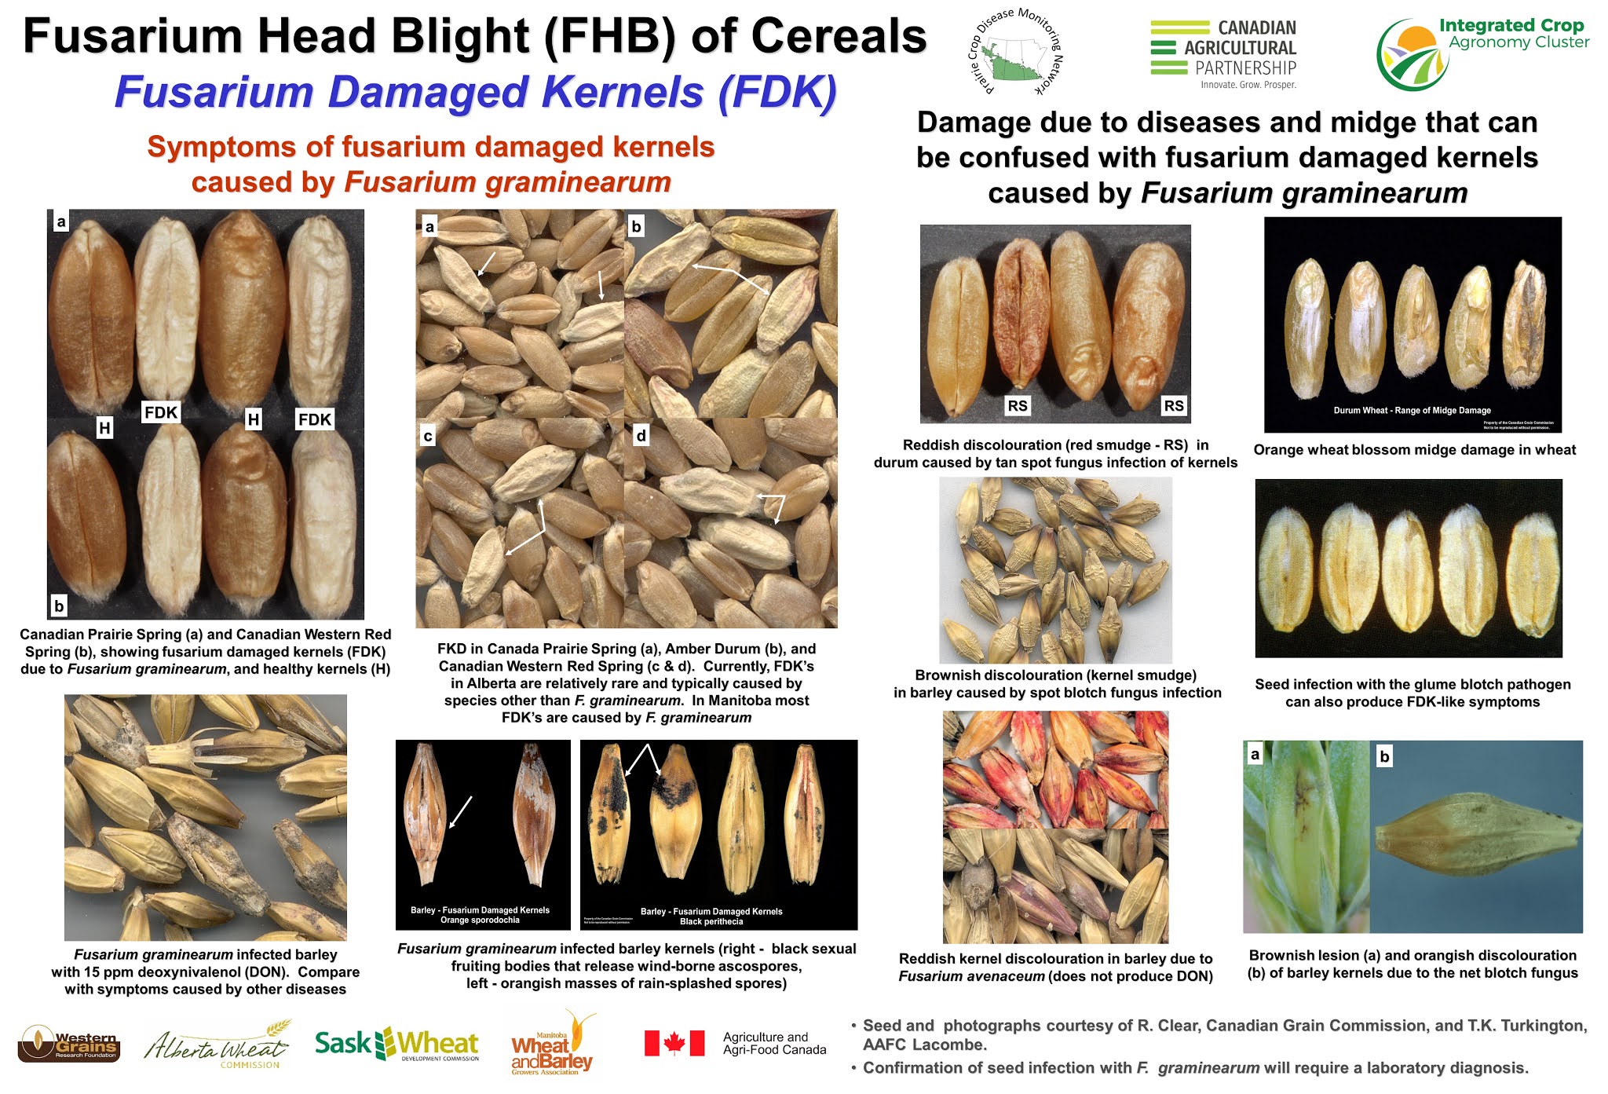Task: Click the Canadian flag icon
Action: (674, 1043)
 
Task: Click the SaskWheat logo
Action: (397, 1044)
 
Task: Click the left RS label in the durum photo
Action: (1017, 405)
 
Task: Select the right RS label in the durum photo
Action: (1173, 405)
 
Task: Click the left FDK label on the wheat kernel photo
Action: (161, 412)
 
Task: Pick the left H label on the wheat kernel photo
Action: (104, 428)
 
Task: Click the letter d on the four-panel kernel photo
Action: (641, 435)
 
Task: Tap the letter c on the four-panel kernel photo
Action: (428, 436)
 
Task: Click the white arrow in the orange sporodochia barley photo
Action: (460, 812)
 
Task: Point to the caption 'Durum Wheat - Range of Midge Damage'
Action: (1412, 410)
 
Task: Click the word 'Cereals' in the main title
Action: (839, 37)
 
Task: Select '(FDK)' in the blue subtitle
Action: (777, 93)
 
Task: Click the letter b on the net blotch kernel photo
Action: (1384, 756)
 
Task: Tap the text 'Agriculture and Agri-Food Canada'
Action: (774, 1043)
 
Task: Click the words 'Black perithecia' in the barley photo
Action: (711, 921)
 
